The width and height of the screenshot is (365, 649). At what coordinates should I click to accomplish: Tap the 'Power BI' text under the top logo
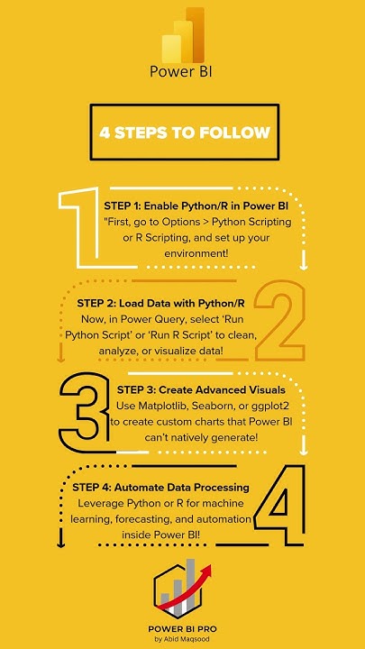[183, 71]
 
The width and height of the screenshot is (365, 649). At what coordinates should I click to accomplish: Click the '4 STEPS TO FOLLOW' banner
[183, 133]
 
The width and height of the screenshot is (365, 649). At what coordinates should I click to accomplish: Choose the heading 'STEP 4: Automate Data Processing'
[163, 488]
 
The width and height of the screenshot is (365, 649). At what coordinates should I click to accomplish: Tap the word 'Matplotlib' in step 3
[164, 406]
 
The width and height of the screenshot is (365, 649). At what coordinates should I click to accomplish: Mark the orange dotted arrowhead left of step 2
[61, 357]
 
